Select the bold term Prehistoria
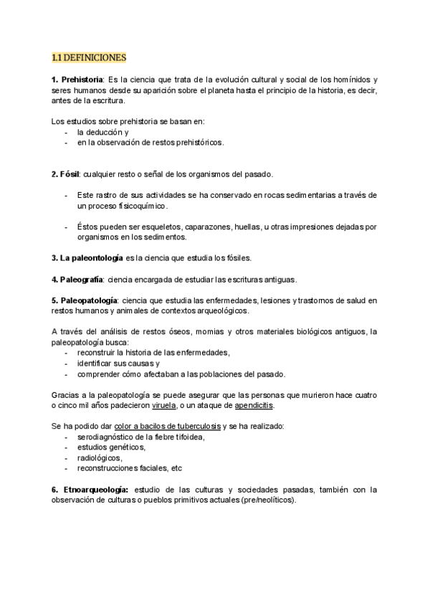[x=81, y=79]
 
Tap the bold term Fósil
[x=69, y=174]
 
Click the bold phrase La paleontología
[x=82, y=258]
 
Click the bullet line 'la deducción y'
[x=102, y=132]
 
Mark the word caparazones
[x=193, y=227]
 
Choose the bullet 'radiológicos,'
[x=100, y=458]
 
